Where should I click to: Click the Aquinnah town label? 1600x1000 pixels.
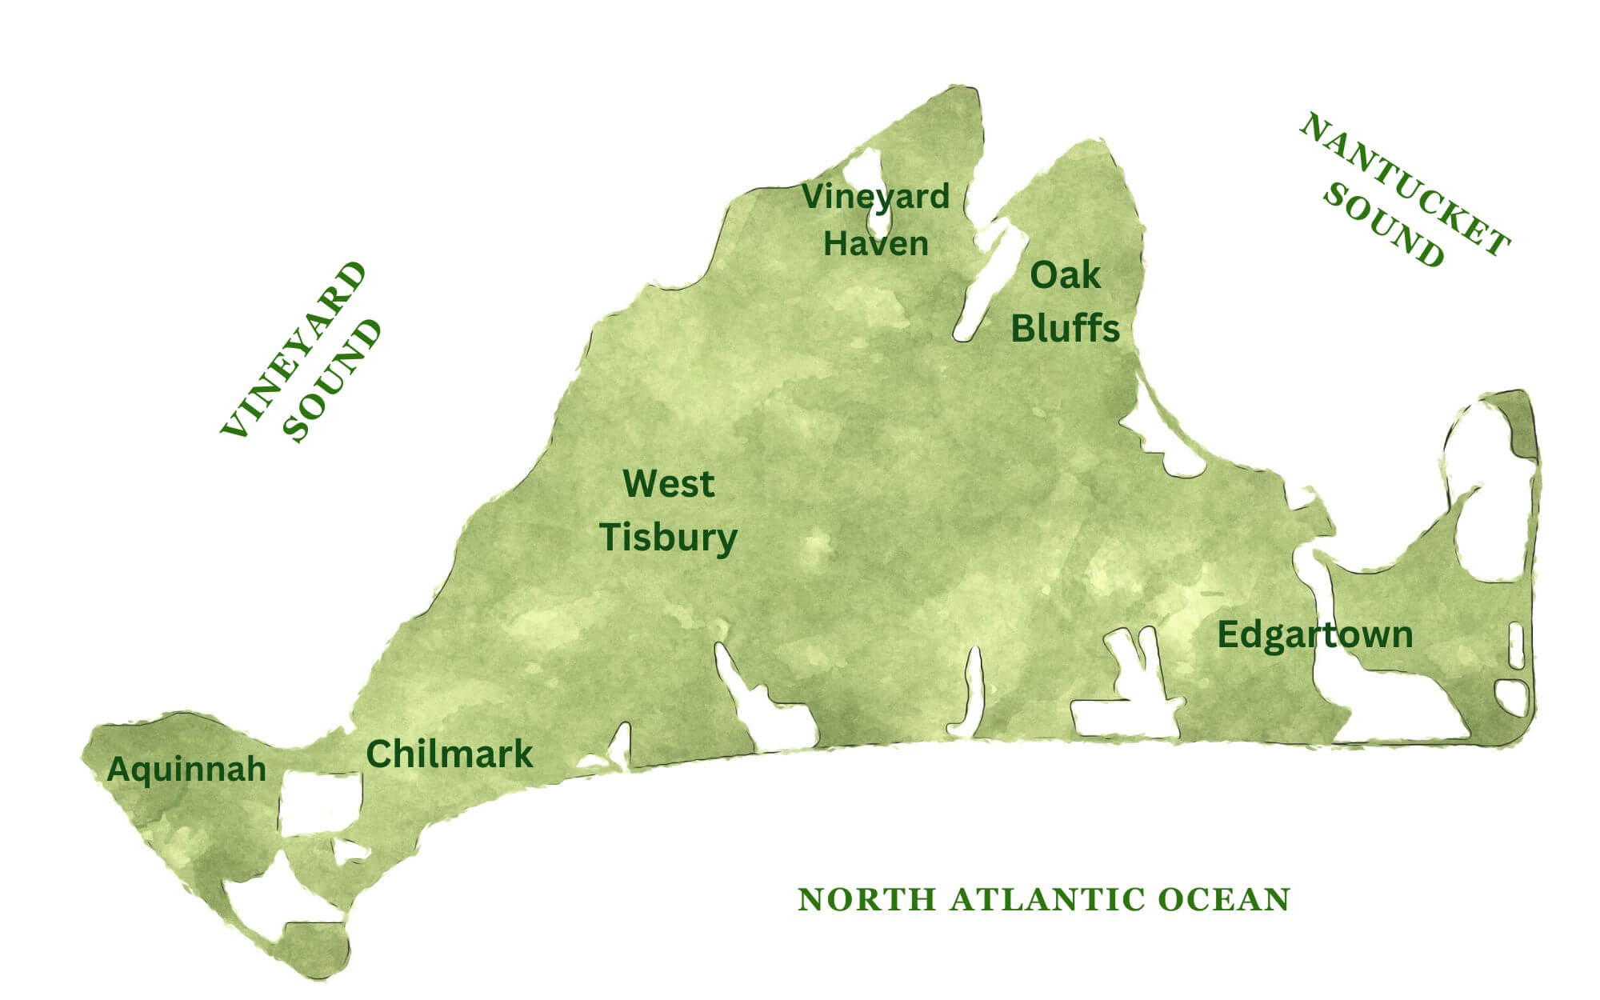click(186, 770)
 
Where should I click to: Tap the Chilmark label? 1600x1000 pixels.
click(449, 754)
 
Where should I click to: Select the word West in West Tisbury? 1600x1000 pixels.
click(668, 484)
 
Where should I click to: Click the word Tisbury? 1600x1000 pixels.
click(668, 538)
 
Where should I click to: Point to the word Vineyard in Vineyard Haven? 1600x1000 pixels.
click(875, 197)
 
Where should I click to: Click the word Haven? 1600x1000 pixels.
click(875, 244)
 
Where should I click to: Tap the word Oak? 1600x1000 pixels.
click(1065, 276)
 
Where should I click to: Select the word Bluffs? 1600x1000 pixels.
click(1065, 329)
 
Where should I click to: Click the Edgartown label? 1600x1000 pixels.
click(1314, 635)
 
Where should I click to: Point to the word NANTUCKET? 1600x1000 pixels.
click(1405, 185)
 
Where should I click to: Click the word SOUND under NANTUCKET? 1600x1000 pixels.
click(1383, 227)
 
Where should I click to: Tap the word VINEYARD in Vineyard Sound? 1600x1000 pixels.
click(294, 349)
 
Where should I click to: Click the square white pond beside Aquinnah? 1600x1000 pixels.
click(320, 802)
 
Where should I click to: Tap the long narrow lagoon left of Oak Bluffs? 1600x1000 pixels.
click(986, 280)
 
